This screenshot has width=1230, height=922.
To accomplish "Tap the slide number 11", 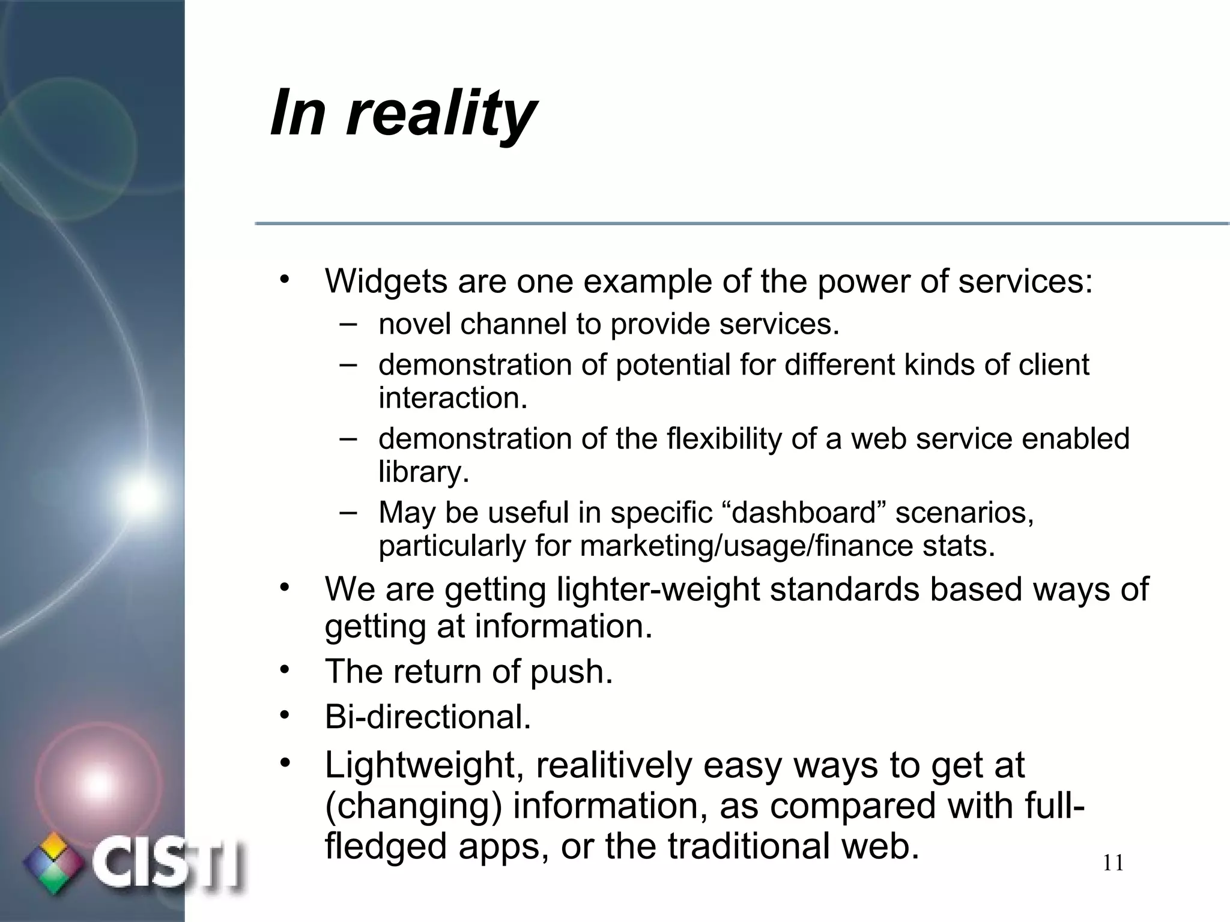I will tap(1113, 863).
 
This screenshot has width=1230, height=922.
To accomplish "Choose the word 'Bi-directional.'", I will tap(428, 717).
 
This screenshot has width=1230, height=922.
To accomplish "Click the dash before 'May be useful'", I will tap(348, 511).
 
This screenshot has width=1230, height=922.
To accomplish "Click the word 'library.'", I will tap(423, 472).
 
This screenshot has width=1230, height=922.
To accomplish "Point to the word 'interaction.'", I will tap(453, 398).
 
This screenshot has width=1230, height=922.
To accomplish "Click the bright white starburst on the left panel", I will tap(142, 496).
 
